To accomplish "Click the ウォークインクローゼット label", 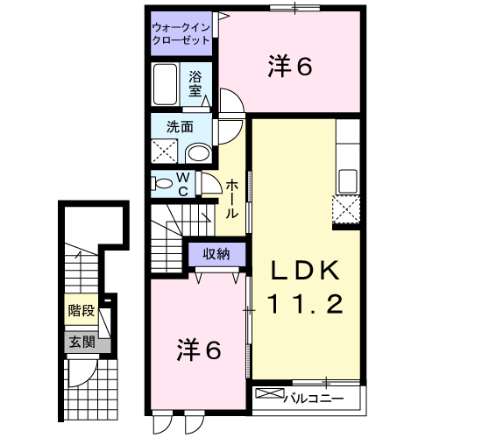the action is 181,34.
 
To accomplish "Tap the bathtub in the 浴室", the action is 165,84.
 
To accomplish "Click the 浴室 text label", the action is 195,83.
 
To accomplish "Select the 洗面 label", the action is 180,127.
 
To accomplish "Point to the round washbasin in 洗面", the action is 199,153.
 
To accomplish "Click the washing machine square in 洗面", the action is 165,151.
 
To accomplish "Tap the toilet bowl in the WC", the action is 162,183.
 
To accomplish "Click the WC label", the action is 183,184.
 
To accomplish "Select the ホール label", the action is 232,200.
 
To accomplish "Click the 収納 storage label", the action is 216,254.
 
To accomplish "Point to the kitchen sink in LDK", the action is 348,181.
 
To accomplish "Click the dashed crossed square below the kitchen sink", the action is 346,209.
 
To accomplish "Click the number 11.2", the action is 305,303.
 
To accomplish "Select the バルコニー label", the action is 313,399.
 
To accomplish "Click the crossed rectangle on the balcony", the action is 270,393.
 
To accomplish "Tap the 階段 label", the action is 82,310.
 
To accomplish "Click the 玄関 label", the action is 82,342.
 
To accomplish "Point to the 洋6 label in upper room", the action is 290,66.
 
